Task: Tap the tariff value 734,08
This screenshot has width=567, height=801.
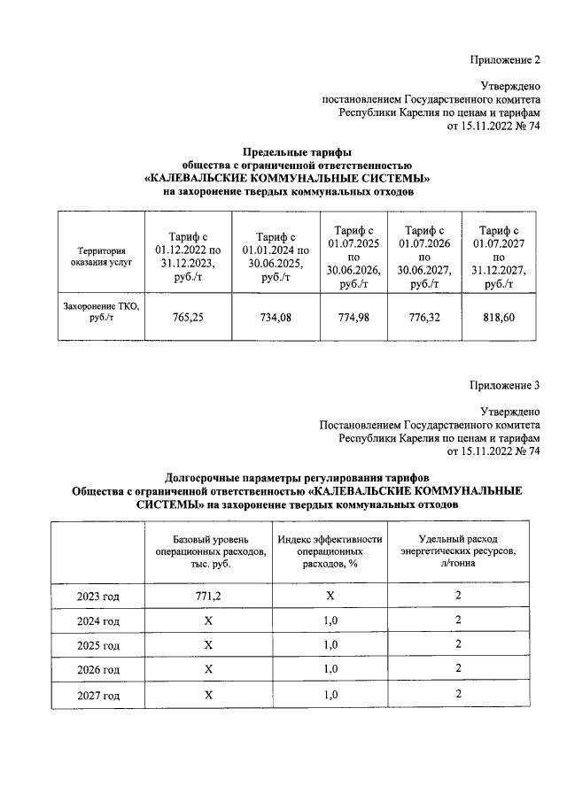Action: (x=274, y=316)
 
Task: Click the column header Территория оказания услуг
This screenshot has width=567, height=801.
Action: (x=99, y=257)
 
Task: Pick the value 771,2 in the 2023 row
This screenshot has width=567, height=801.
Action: (x=209, y=597)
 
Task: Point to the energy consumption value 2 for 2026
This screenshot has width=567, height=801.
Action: (x=458, y=671)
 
